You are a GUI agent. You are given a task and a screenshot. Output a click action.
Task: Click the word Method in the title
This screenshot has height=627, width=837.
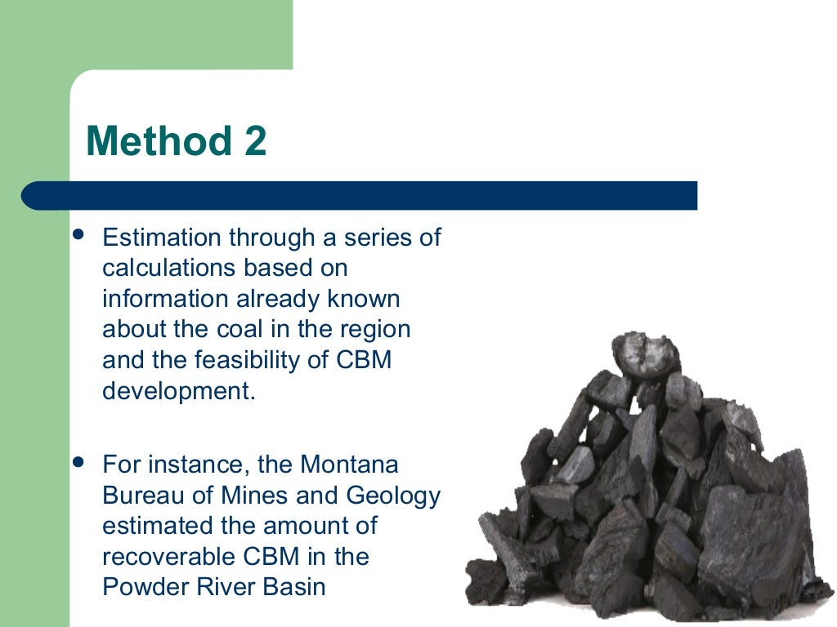pos(148,141)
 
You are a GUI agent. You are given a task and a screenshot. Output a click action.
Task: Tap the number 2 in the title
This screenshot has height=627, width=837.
pos(254,141)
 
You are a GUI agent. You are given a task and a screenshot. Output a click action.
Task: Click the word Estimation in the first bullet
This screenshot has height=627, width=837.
pos(162,238)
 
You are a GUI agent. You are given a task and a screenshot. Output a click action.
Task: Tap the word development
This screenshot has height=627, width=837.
pos(178,390)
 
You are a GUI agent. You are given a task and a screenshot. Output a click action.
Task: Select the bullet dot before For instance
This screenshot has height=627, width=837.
pos(78,463)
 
